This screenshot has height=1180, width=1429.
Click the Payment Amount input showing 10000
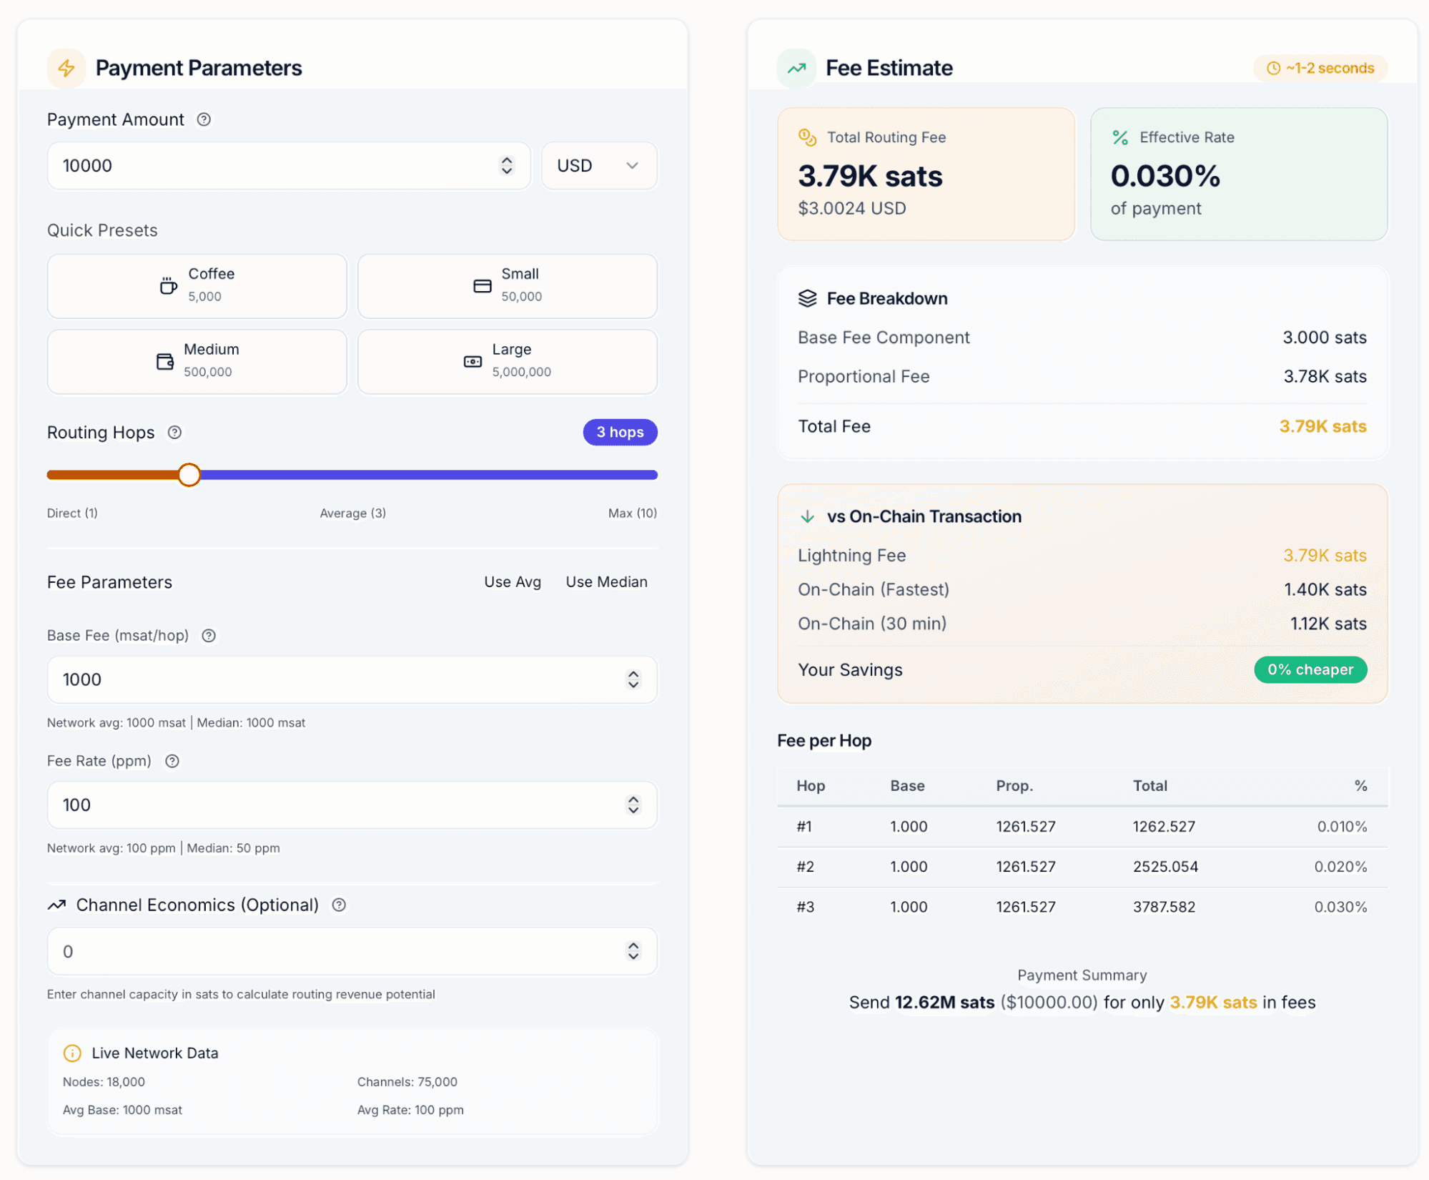288,166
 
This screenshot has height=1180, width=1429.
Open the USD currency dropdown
599,166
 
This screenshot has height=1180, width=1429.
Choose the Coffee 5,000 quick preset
197,285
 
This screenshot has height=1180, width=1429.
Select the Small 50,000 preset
508,285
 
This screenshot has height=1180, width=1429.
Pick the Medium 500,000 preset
197,361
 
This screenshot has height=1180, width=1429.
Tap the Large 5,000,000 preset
508,361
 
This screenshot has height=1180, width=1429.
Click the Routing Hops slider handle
189,475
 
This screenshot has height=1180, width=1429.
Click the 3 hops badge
620,433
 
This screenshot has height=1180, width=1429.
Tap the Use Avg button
513,582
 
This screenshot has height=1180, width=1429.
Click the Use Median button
606,582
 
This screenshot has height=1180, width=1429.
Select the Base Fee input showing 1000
352,679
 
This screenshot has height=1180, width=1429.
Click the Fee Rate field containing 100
352,805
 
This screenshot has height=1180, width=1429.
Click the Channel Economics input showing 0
352,952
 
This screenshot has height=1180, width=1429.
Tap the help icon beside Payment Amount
204,119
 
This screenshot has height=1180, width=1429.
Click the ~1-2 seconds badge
1320,68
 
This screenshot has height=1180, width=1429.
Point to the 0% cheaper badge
1310,670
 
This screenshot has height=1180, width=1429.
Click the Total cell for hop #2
1165,867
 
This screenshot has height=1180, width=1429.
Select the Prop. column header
1014,786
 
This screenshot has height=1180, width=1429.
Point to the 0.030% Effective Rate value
1165,176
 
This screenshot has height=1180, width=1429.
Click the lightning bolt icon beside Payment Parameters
66,68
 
